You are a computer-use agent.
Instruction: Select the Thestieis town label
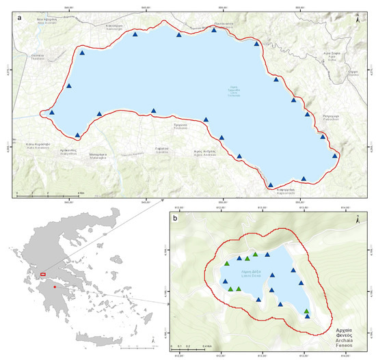pos(37,57)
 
